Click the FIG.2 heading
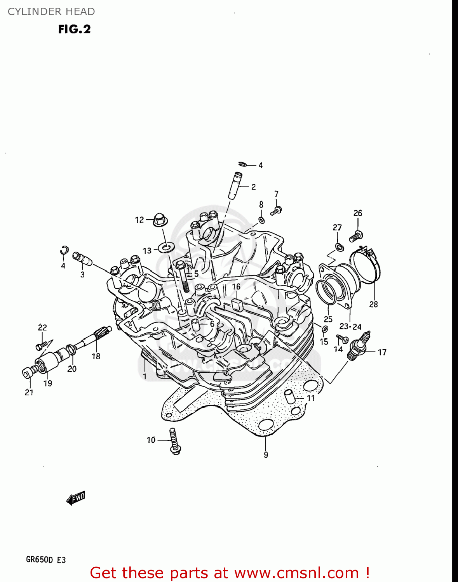[74, 29]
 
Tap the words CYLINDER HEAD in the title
[51, 12]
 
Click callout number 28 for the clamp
[373, 305]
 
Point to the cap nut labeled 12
[159, 220]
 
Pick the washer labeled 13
[167, 247]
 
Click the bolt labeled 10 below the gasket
[174, 442]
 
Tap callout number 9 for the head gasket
[266, 455]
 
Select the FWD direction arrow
[76, 498]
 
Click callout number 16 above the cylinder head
[236, 287]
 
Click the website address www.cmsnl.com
[296, 573]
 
